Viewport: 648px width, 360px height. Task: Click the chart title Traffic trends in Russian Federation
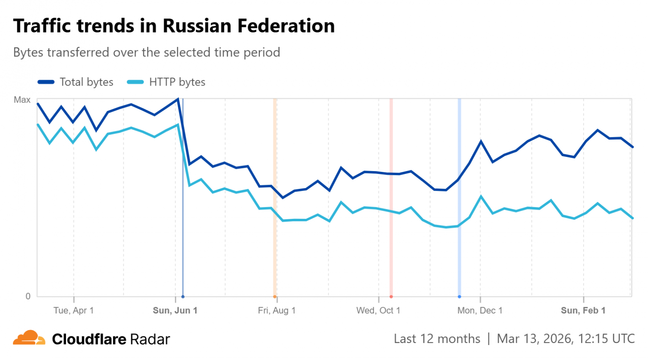(174, 26)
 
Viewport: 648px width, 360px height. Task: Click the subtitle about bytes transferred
(147, 52)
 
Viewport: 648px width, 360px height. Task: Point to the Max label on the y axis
(22, 100)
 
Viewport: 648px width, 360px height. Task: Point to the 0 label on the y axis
(28, 296)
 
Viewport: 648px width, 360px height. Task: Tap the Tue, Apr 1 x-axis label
(74, 311)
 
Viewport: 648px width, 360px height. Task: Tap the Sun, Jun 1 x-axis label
(175, 311)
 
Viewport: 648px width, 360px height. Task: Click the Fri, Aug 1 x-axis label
(277, 311)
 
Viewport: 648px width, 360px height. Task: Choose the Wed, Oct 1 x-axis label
(378, 311)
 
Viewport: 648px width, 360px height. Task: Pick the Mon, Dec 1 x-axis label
(480, 311)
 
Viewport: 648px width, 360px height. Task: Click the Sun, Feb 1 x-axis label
(583, 311)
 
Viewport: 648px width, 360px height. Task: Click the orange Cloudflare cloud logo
(29, 338)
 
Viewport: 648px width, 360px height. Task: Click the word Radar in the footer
(150, 339)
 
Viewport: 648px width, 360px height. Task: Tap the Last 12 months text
(437, 339)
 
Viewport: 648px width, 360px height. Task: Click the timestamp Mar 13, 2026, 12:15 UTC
(566, 339)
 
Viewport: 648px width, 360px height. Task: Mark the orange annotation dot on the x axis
(275, 296)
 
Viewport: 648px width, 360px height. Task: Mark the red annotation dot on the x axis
(391, 296)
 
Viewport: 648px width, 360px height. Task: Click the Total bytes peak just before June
(178, 99)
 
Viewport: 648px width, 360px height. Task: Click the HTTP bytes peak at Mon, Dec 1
(481, 196)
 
